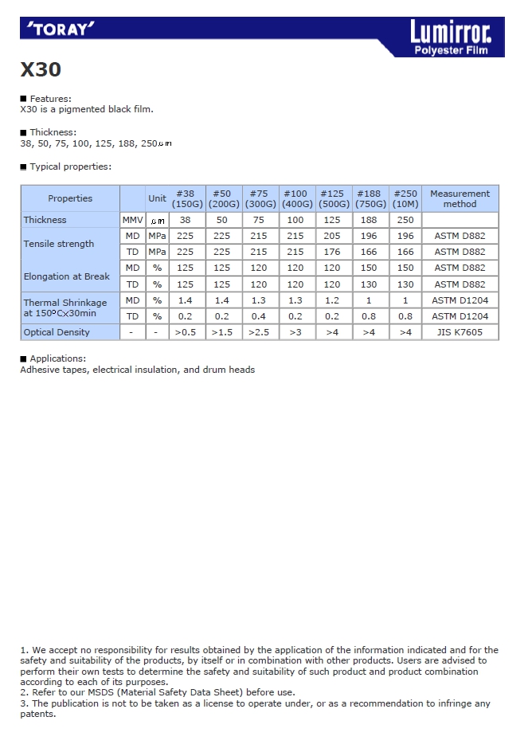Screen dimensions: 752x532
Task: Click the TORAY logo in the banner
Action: coord(61,29)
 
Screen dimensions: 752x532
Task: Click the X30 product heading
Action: coord(41,69)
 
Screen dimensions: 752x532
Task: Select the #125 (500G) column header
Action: coord(332,198)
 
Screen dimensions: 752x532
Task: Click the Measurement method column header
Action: coord(460,198)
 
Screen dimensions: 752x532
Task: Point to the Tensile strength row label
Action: coord(59,244)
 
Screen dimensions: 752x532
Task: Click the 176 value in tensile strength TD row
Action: coord(332,252)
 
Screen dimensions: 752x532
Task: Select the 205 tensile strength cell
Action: coord(332,236)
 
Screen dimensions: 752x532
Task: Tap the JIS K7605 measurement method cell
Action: coord(460,332)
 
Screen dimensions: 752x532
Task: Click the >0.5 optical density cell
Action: coord(186,332)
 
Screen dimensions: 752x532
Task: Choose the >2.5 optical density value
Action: coord(259,332)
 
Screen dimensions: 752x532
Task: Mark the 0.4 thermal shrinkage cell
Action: coord(259,316)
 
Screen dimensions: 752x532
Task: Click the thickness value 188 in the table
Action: coord(369,220)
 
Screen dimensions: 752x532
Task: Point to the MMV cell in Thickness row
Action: coord(133,220)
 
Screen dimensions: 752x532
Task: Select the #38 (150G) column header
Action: coord(186,198)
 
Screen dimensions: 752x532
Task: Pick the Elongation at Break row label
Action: coord(67,276)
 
